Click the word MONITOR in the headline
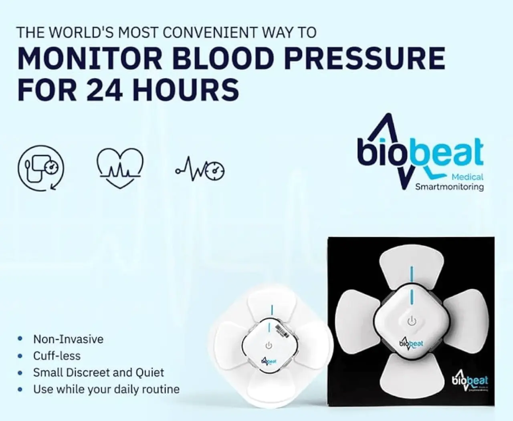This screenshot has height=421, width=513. coord(89,58)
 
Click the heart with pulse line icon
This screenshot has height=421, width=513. coord(120,168)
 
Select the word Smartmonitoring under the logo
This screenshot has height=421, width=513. coord(449,187)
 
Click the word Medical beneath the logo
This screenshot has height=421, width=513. coord(467,177)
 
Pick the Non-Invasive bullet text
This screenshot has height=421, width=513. coord(68,339)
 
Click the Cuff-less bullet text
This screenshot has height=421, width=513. coord(57,356)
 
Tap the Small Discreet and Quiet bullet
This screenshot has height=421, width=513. coord(99,373)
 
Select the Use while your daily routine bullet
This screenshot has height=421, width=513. coord(106,389)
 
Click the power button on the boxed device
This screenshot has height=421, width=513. coord(412,321)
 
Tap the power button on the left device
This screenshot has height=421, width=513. coord(269,345)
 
